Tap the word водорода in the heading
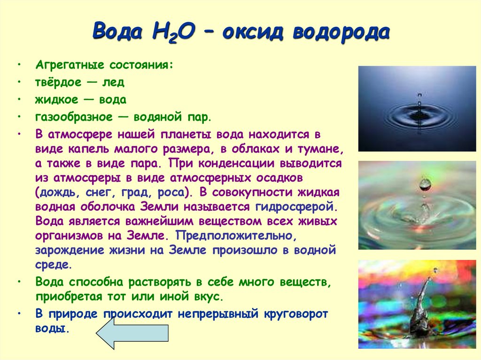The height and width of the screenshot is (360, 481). (x=341, y=32)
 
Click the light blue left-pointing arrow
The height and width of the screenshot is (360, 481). (x=132, y=333)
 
